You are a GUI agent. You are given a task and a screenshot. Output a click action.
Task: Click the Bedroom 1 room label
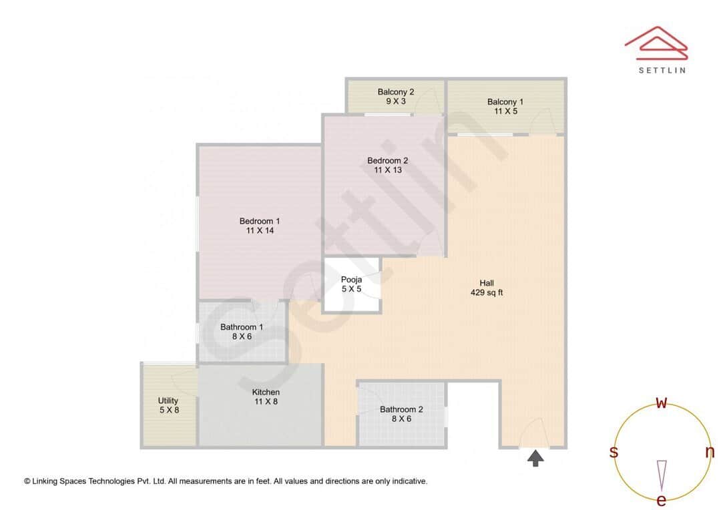[x=260, y=222]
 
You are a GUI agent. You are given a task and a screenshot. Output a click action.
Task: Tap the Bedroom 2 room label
[x=387, y=161]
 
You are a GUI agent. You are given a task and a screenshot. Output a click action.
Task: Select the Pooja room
[x=351, y=284]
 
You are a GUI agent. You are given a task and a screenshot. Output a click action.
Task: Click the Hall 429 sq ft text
[x=487, y=288]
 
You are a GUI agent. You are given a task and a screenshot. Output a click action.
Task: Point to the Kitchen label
[x=266, y=392]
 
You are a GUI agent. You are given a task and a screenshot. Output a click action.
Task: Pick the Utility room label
[x=168, y=401]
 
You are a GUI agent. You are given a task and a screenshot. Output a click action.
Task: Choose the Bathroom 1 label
[x=242, y=327]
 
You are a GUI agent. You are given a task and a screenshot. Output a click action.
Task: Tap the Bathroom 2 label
[x=401, y=410]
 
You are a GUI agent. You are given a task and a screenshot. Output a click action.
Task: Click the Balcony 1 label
[x=505, y=102]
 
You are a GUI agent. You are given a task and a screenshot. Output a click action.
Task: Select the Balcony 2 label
[x=396, y=92]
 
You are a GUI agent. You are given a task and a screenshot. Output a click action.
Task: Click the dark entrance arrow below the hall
[x=535, y=458]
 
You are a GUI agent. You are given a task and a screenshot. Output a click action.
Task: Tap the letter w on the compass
[x=662, y=403]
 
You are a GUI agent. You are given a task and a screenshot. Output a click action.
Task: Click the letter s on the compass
[x=614, y=452]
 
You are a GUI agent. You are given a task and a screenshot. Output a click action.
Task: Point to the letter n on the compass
[x=710, y=452]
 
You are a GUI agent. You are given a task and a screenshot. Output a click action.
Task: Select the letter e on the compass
[x=662, y=500]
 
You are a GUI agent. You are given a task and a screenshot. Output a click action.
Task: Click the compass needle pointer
[x=662, y=474]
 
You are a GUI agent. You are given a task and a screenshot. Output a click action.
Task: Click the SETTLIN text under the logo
[x=662, y=69]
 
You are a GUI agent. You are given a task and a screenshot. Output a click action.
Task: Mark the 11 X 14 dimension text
[x=260, y=230]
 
